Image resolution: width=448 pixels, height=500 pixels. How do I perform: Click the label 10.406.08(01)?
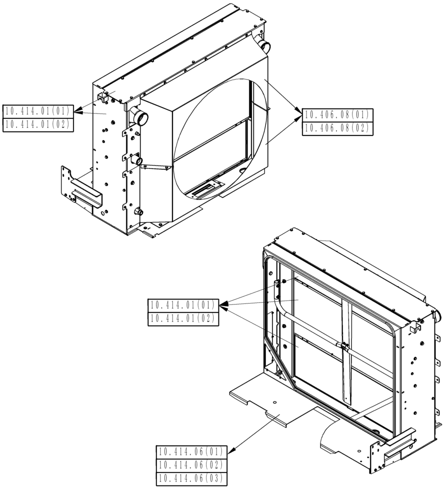click(336, 114)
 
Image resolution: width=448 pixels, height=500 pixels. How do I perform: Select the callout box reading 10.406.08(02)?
click(336, 128)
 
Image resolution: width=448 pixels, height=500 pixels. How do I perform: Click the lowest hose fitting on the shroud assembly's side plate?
click(138, 212)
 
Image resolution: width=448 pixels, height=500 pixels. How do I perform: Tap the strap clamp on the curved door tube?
click(342, 345)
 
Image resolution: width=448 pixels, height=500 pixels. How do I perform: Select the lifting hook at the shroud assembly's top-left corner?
click(103, 96)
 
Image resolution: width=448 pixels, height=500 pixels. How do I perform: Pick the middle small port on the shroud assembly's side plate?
click(138, 161)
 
